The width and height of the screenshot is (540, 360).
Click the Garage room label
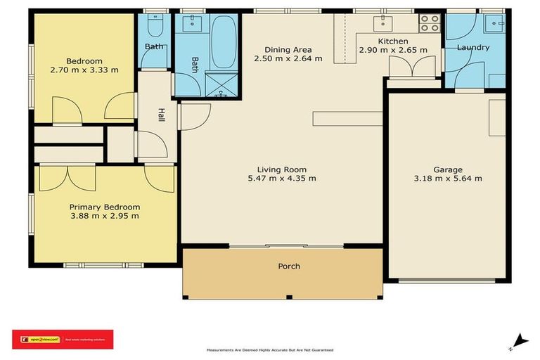tap(447, 169)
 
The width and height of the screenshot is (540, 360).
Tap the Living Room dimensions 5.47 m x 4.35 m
tap(286, 179)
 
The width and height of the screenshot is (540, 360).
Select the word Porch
tap(289, 266)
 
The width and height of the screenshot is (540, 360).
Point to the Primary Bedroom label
tap(104, 207)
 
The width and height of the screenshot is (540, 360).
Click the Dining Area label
tap(288, 50)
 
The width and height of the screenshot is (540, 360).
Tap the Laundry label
tap(472, 48)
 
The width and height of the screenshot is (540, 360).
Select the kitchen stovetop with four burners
tap(429, 24)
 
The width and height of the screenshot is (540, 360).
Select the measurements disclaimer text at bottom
tap(269, 350)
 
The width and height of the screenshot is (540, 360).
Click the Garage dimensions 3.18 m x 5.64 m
tap(447, 179)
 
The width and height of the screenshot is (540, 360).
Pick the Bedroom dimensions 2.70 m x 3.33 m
tap(85, 70)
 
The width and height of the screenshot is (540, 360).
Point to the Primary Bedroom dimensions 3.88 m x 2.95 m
tap(104, 216)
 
